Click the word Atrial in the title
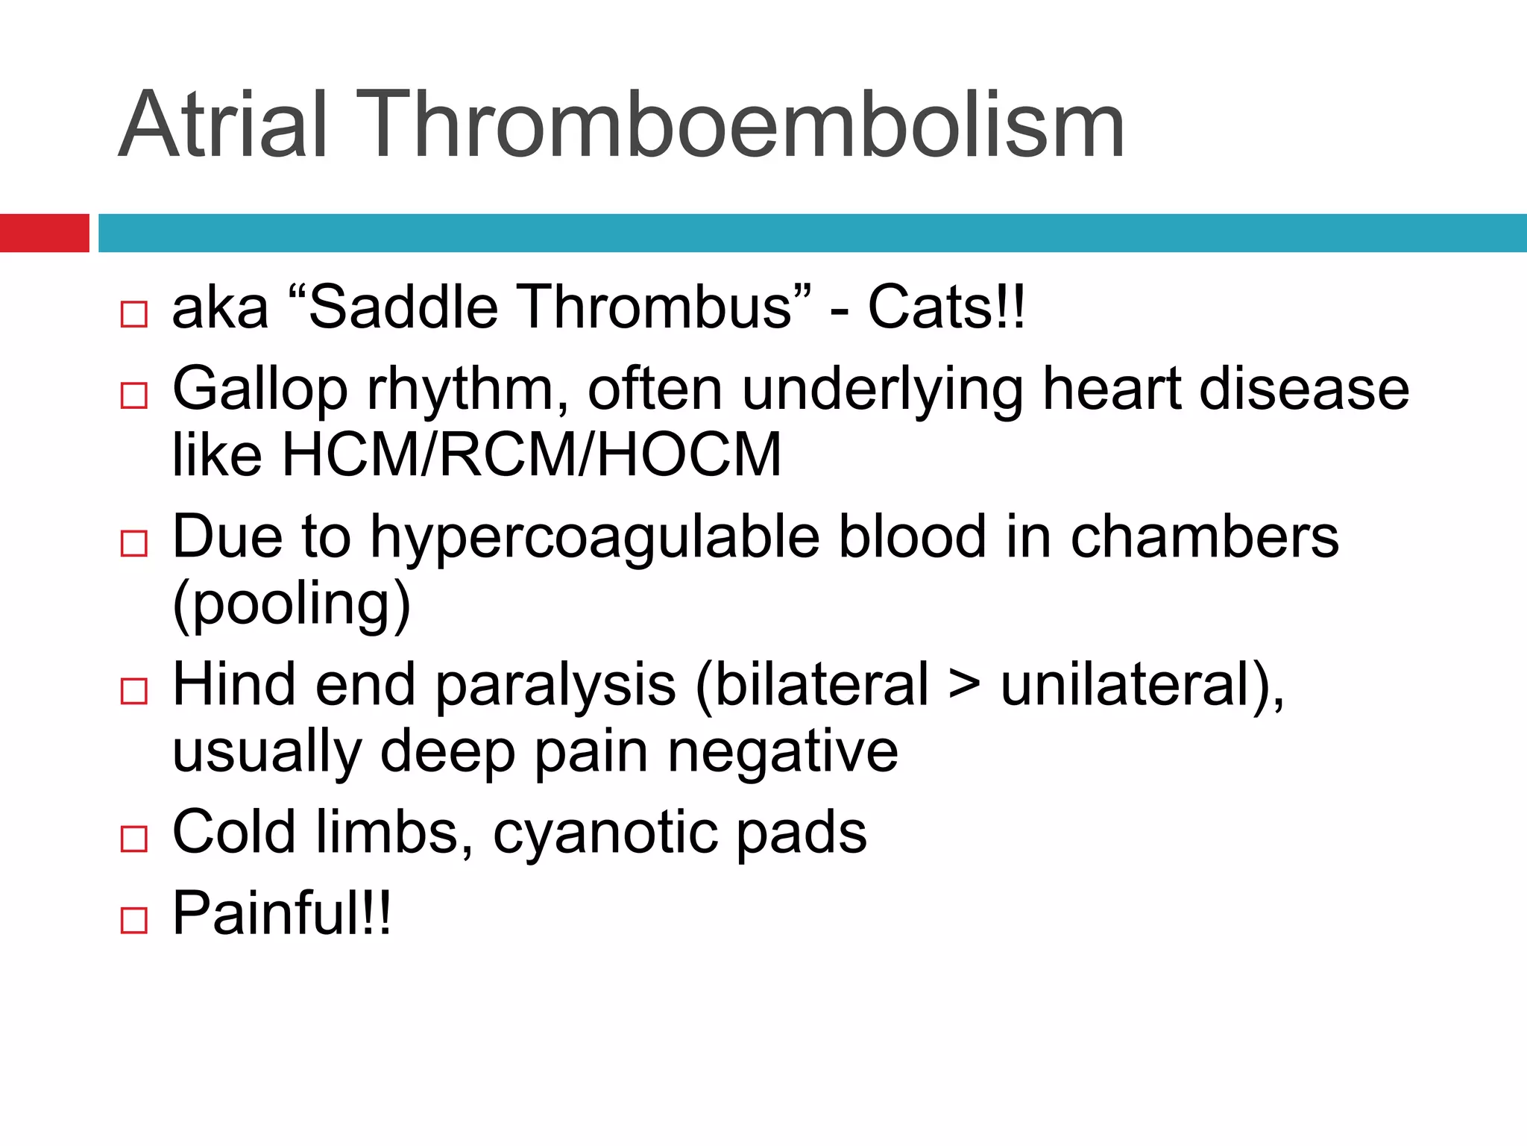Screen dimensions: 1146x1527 point(222,125)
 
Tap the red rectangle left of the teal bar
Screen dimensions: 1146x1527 point(44,233)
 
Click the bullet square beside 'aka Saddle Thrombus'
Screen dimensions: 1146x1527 point(134,314)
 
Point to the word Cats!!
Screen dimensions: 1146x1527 point(946,307)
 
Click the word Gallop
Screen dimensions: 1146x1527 point(259,389)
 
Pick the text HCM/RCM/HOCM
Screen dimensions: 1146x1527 point(532,455)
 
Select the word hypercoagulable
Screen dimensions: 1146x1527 point(594,537)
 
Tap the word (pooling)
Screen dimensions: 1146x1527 point(292,604)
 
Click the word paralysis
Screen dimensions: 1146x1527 point(555,685)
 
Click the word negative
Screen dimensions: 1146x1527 point(782,751)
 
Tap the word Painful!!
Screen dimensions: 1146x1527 point(281,913)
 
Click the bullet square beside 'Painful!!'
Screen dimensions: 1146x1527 point(134,920)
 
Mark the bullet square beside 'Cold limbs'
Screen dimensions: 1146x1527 point(134,839)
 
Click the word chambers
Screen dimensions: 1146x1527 point(1204,537)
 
